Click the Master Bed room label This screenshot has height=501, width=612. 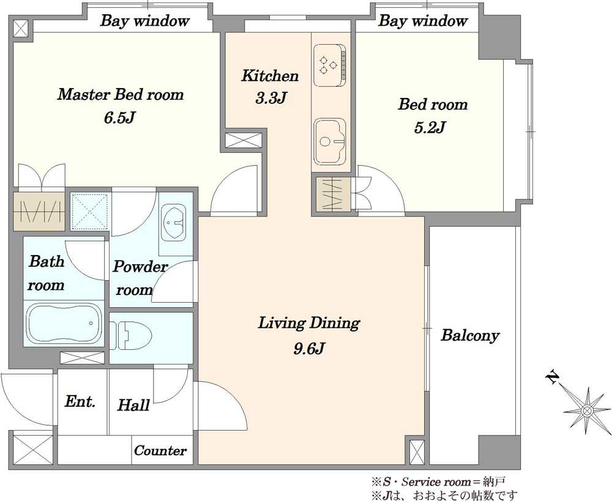coord(120,94)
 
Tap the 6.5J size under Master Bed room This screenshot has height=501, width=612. coord(119,117)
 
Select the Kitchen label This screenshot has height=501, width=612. coord(270,76)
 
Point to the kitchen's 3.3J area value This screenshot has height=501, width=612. coord(271,98)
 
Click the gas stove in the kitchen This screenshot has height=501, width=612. coord(329,65)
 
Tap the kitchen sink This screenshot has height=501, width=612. coord(330,141)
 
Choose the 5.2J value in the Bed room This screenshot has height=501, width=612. coord(430,127)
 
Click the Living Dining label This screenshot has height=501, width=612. coord(308,324)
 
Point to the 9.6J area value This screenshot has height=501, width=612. coord(308,348)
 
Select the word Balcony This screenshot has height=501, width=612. coord(470,336)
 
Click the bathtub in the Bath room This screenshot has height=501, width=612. coord(64,324)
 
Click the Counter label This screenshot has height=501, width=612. coord(160,451)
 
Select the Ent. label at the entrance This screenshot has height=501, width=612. coord(80,401)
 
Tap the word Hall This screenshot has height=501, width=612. coord(133,405)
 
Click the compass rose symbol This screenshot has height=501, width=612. coord(587,410)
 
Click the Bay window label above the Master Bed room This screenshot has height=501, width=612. coord(145,21)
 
